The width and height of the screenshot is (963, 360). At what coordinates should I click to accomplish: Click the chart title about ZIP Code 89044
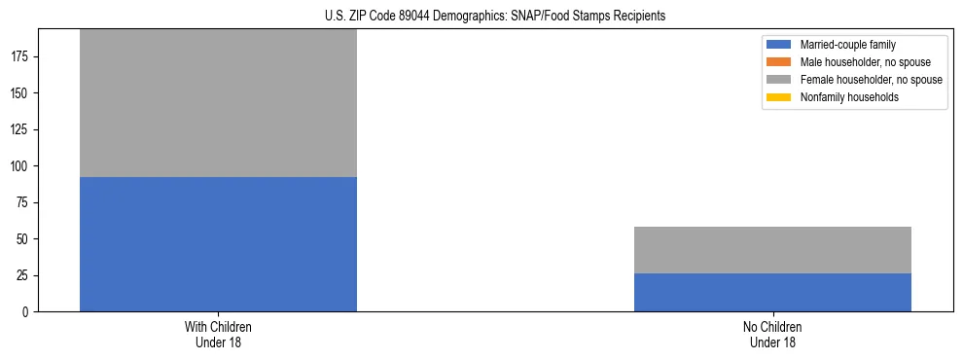coord(495,17)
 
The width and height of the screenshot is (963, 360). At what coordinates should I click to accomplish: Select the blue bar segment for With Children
coord(218,244)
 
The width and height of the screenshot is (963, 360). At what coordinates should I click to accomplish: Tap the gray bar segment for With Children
coord(218,103)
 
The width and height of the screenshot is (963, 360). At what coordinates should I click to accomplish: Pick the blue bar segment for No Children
coord(772,292)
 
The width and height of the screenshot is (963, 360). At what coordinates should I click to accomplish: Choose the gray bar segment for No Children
coord(772,250)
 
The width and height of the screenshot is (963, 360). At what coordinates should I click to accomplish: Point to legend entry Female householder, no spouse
coord(866,80)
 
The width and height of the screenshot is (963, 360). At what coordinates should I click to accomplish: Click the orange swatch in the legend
coord(779,62)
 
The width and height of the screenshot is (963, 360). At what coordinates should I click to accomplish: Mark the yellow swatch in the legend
coord(779,97)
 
